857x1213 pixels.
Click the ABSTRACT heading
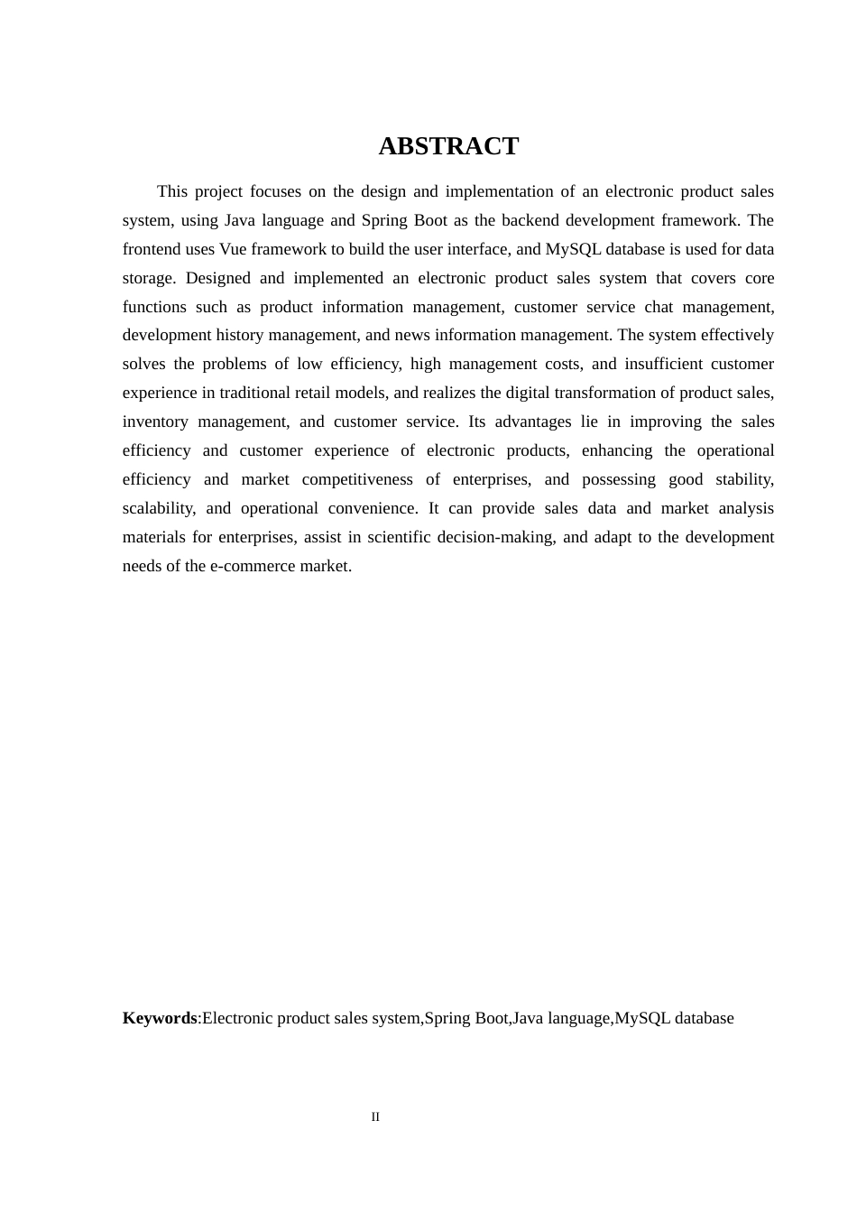tap(448, 146)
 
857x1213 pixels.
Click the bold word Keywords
tap(160, 1018)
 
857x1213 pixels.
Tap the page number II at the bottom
tap(375, 1117)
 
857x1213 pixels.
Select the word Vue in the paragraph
tap(233, 249)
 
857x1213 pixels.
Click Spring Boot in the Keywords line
tap(466, 1018)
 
